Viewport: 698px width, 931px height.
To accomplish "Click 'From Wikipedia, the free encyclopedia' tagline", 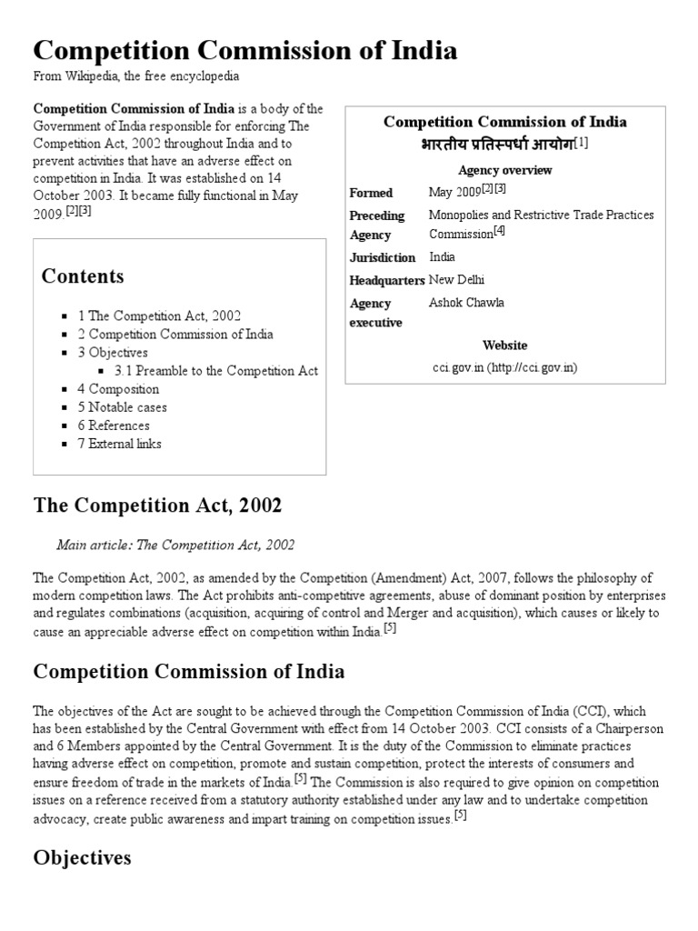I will click(136, 76).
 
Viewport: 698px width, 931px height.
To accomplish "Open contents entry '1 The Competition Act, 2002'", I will click(159, 316).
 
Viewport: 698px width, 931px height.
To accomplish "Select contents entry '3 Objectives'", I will click(113, 353).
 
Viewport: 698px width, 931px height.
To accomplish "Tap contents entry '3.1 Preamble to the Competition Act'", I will click(216, 371).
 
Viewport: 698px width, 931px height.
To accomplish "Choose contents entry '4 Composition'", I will click(119, 389).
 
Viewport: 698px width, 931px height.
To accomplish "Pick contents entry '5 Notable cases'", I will click(122, 407).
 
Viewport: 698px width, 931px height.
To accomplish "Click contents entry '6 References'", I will click(114, 425).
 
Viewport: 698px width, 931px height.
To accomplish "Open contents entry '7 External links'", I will click(119, 444).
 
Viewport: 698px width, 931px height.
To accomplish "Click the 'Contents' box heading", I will click(83, 276).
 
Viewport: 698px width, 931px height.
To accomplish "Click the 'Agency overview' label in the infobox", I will click(504, 170).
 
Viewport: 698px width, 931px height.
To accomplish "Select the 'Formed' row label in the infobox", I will click(371, 193).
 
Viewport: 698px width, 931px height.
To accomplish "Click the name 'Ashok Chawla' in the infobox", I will click(466, 303).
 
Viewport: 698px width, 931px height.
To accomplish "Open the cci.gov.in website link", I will click(504, 367).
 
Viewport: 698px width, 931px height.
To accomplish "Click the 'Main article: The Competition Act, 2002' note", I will click(175, 546).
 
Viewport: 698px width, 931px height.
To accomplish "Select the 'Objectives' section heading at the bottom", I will click(83, 857).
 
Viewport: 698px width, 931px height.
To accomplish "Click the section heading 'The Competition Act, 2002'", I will click(157, 506).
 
